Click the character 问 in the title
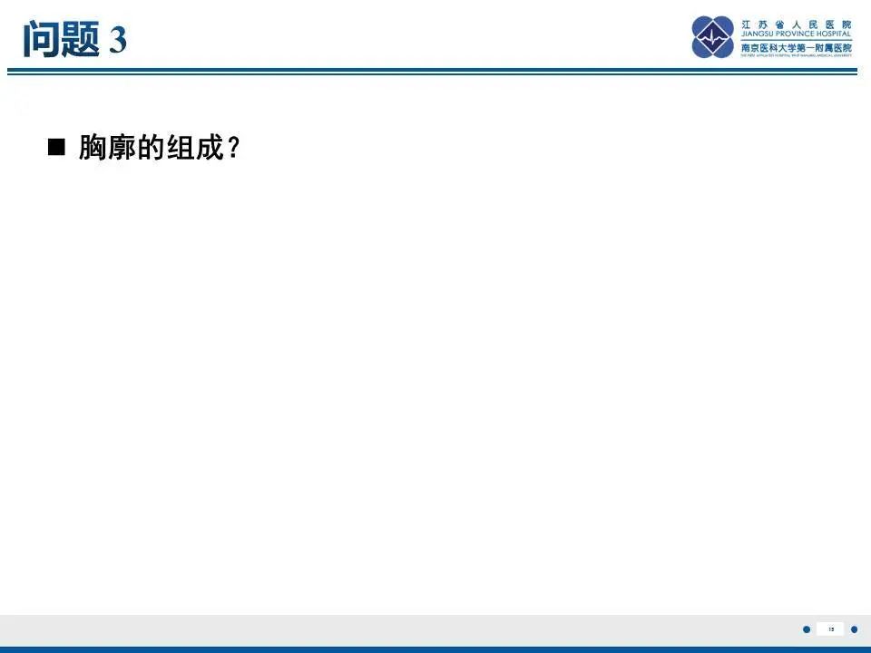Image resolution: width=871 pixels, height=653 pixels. (x=42, y=39)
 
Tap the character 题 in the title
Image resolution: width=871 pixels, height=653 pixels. (x=80, y=39)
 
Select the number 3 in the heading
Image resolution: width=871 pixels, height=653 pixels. (x=118, y=40)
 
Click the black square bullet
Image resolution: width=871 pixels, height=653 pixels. (x=57, y=148)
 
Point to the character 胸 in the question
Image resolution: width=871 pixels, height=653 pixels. (x=93, y=148)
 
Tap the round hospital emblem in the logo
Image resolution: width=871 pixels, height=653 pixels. (x=713, y=37)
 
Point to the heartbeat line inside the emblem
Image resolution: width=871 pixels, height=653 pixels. (x=713, y=38)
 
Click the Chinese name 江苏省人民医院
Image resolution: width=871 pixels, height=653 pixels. (x=797, y=24)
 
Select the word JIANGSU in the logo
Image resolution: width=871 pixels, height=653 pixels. (x=758, y=35)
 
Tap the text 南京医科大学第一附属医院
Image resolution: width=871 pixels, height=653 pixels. (x=797, y=47)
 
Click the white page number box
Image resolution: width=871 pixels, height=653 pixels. (x=830, y=629)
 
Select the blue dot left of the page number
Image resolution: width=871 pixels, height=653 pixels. (x=807, y=629)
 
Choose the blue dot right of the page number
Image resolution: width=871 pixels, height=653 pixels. (x=854, y=629)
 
